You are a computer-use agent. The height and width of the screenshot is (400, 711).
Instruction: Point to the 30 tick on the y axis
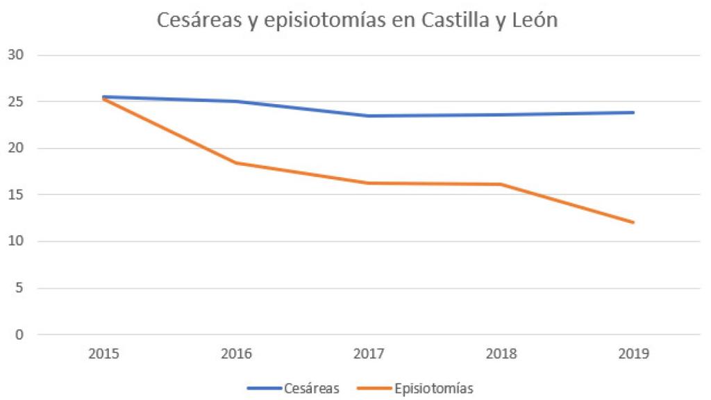(x=15, y=55)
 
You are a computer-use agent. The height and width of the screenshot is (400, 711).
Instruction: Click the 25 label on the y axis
(x=15, y=101)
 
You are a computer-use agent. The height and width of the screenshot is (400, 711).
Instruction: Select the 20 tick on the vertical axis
(x=15, y=148)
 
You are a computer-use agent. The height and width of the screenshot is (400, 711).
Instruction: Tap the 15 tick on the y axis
(x=15, y=194)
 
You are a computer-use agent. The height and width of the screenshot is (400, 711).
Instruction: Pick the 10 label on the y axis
(x=15, y=241)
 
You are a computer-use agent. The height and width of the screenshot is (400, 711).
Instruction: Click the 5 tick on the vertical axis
(x=19, y=287)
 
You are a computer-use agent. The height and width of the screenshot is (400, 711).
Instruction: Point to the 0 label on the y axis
(x=19, y=334)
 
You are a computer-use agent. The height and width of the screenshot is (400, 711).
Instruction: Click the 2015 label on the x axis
(x=103, y=353)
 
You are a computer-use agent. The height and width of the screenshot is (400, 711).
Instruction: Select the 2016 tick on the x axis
(x=236, y=353)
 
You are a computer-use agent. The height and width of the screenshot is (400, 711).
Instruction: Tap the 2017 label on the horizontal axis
(x=369, y=353)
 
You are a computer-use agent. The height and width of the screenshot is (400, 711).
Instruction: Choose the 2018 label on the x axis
(x=501, y=353)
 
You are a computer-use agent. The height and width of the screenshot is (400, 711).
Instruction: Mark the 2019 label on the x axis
(x=633, y=353)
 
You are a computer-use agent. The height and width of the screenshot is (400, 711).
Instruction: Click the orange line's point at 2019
(x=633, y=222)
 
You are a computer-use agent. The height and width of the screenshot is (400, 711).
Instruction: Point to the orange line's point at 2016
(x=236, y=163)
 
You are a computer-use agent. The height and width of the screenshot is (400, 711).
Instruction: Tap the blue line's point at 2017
(x=369, y=116)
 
